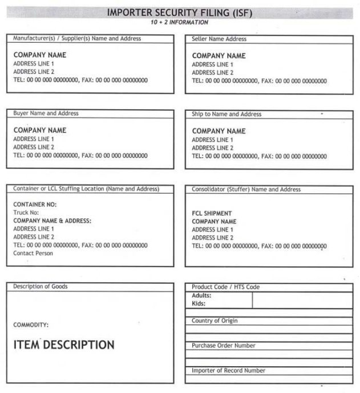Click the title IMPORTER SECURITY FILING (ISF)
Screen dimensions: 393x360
(179, 13)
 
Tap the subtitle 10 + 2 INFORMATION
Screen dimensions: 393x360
(179, 22)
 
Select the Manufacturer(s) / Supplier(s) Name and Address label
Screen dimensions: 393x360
(77, 39)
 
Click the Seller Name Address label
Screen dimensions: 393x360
(219, 39)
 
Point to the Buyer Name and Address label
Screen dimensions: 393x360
(46, 114)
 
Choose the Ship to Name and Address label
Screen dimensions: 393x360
(226, 114)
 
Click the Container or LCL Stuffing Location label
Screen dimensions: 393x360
(86, 189)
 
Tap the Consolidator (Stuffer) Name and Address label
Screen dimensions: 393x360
(246, 189)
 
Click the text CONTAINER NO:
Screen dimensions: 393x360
(35, 204)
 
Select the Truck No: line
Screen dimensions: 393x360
(26, 212)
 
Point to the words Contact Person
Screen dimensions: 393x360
(33, 253)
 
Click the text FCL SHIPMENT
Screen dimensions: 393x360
(212, 214)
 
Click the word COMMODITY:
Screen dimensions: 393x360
(31, 325)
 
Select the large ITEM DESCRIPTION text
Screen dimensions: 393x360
(64, 345)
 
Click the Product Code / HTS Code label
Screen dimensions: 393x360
(225, 287)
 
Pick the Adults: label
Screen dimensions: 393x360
(201, 296)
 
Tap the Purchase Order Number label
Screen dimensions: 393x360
(223, 346)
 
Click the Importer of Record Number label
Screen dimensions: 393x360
(228, 371)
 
